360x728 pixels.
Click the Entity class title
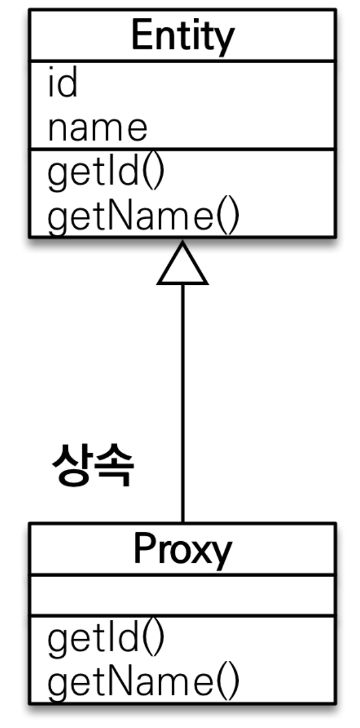[182, 36]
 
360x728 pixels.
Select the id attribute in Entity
[62, 84]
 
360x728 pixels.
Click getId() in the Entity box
[106, 174]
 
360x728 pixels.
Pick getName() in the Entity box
[143, 218]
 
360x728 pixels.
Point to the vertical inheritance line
[182, 399]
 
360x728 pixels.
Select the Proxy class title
[182, 550]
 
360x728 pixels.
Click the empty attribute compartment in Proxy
[182, 595]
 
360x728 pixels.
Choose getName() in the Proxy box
[143, 681]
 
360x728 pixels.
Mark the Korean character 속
[114, 466]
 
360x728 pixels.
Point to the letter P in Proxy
[144, 549]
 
